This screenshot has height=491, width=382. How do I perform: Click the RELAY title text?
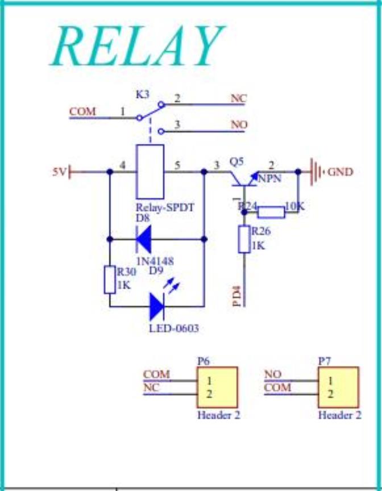138,46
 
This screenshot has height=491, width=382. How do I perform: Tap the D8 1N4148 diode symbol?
144,239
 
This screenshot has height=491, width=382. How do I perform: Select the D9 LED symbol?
157,306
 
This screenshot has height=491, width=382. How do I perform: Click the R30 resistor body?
110,279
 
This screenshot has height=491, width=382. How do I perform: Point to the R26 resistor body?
244,239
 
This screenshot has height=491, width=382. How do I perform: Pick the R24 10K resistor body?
271,212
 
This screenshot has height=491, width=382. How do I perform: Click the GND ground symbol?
316,172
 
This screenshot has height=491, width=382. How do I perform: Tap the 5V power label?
59,172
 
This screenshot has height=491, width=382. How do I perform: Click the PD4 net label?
238,298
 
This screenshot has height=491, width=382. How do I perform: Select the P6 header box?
217,387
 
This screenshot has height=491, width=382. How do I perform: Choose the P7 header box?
338,387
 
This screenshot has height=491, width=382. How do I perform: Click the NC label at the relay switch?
239,98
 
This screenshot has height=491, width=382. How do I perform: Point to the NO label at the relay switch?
239,125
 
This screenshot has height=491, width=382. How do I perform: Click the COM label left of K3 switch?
82,112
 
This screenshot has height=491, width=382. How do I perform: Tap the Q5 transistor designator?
236,162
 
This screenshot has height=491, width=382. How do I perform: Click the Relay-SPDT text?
165,207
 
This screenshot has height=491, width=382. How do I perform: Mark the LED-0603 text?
174,328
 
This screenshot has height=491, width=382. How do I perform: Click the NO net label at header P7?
273,374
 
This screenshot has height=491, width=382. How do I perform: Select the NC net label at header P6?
151,387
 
